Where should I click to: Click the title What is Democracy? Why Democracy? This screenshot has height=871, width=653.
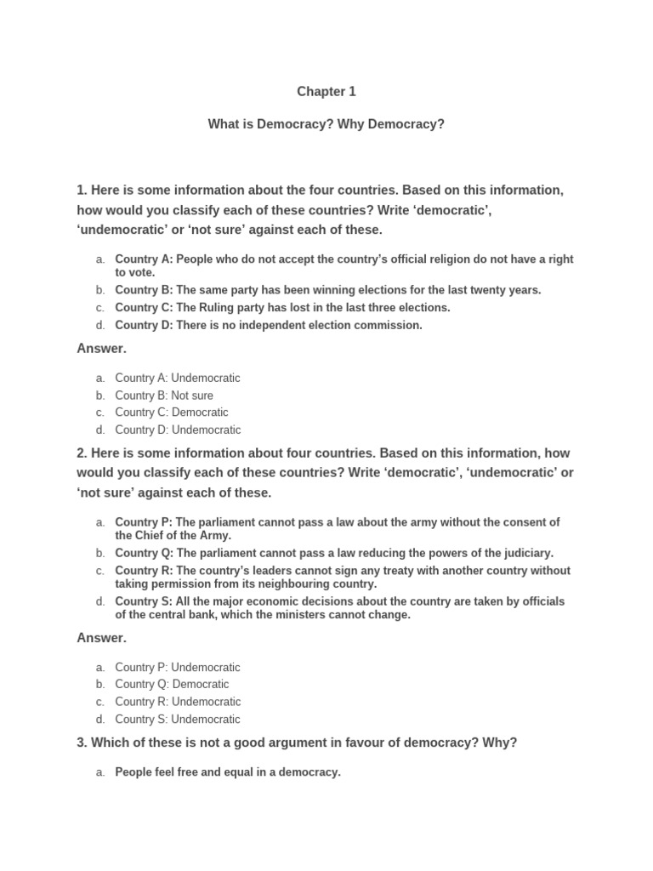[326, 124]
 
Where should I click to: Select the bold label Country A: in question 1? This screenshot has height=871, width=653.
[144, 259]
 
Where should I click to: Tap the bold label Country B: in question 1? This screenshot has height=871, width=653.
[144, 290]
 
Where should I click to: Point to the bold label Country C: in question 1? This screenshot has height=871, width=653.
[144, 308]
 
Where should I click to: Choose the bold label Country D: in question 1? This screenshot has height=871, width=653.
[144, 325]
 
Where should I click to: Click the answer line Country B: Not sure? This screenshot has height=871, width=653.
[164, 396]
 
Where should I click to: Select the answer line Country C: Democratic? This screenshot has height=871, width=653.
[172, 413]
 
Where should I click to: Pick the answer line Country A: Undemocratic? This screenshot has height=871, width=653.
[178, 378]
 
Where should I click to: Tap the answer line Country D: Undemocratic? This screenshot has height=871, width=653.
[178, 430]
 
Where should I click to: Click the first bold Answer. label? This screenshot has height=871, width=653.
[101, 349]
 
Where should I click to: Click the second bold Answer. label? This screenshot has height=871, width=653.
[101, 638]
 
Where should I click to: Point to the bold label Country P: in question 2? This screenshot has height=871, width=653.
[144, 522]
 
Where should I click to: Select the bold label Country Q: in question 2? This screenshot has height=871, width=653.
[144, 553]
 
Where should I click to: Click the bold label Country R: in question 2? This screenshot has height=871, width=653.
[144, 571]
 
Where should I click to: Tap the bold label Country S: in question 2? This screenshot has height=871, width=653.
[144, 601]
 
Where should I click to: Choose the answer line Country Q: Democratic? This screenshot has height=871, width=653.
[172, 685]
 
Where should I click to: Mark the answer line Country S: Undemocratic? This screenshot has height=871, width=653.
[178, 720]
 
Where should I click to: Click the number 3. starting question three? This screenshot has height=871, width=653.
[82, 743]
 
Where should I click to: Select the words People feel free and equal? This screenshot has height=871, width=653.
[185, 772]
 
